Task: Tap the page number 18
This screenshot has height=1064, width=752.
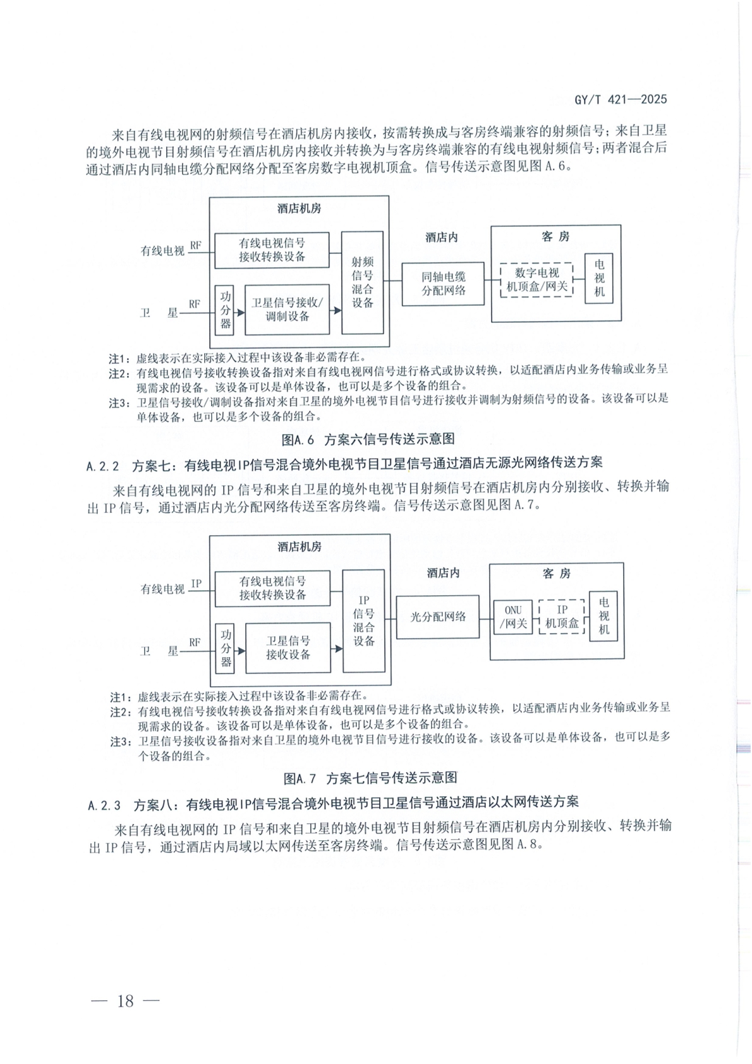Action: (126, 1000)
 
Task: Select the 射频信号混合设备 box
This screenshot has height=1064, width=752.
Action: (362, 282)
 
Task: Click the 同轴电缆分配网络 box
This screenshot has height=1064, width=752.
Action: (443, 284)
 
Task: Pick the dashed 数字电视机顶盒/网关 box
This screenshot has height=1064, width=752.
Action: (537, 280)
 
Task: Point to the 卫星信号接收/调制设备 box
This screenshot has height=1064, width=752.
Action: (288, 310)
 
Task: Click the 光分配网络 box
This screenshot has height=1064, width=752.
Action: (437, 617)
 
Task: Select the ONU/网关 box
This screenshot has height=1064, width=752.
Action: (513, 617)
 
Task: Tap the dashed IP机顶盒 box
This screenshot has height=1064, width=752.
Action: (562, 617)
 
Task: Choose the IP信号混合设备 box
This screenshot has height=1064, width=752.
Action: (363, 620)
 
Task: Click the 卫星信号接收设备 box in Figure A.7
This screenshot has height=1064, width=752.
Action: (288, 648)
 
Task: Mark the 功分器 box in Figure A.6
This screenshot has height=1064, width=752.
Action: (226, 310)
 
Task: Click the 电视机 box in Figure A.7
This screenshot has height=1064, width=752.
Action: (603, 616)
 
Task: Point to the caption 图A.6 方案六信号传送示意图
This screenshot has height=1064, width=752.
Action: (368, 439)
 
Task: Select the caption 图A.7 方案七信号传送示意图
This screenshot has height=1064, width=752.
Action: (370, 777)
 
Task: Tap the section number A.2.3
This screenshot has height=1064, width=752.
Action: (104, 804)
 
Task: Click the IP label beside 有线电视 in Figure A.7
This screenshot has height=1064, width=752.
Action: (196, 584)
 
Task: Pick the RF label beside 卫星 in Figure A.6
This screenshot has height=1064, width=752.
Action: (194, 304)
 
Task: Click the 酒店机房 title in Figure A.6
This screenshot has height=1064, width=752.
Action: (299, 209)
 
